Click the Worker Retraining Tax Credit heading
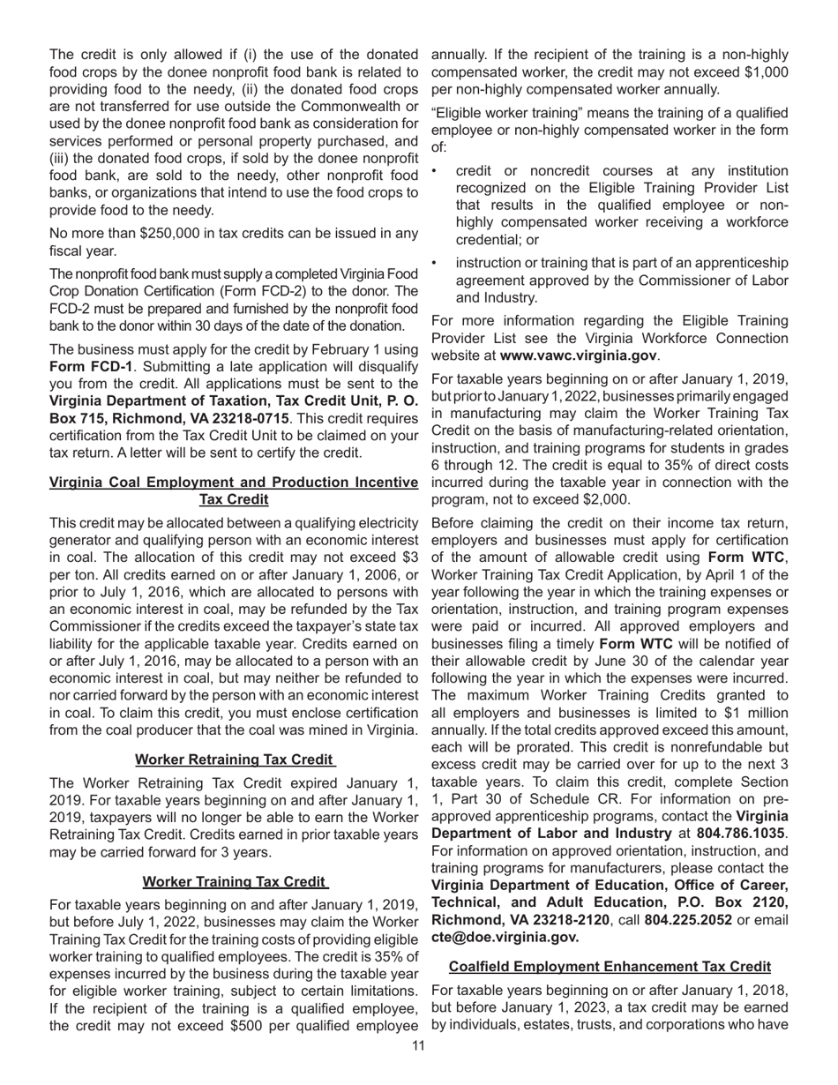coord(234,759)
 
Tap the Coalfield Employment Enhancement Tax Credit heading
coord(610,966)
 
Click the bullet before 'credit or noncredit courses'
coord(437,170)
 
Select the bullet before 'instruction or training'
coord(437,262)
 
